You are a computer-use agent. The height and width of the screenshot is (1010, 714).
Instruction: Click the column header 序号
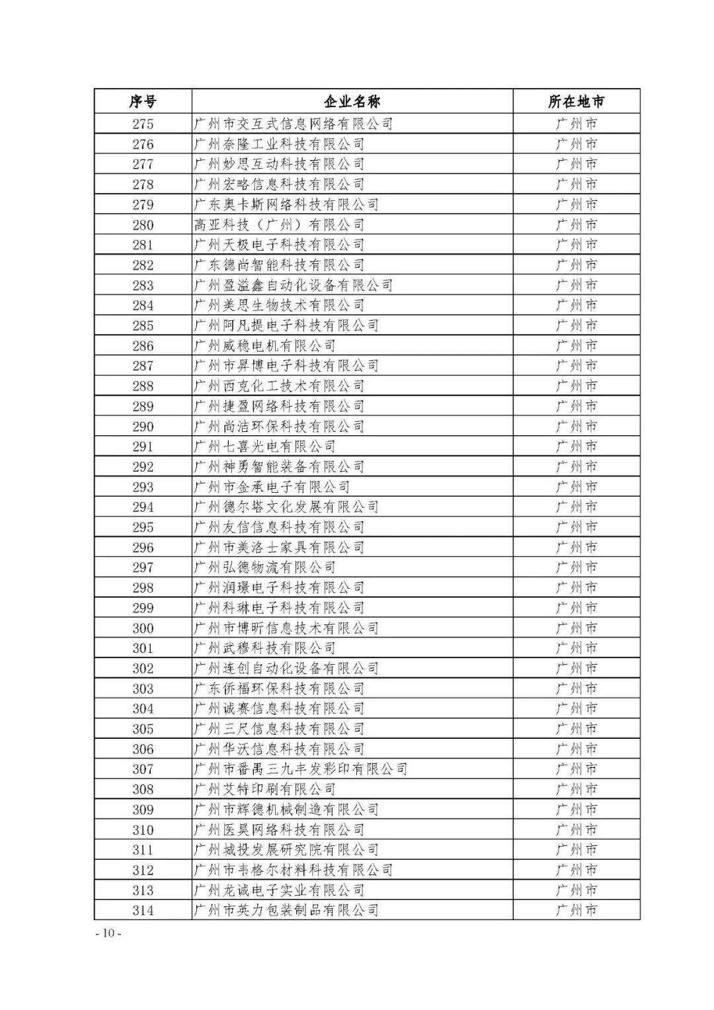coord(143,102)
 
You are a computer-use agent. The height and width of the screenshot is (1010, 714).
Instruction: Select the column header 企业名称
coord(352,102)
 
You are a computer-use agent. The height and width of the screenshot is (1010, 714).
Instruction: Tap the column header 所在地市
coord(576,102)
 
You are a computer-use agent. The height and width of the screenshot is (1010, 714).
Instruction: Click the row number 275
coord(143,124)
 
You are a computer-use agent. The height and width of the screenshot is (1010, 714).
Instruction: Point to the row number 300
coord(143,628)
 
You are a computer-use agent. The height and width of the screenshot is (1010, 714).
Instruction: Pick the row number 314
coord(143,911)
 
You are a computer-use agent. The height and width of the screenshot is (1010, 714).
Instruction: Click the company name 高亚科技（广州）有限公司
coord(279,225)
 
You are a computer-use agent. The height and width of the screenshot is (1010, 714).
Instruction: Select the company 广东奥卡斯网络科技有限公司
coord(286,204)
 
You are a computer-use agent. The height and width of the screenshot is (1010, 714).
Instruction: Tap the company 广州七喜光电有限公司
coord(264,446)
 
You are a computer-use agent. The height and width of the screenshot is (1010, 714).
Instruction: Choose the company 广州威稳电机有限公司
coord(264,346)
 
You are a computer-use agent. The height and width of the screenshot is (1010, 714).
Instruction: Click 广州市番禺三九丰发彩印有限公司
coord(300,769)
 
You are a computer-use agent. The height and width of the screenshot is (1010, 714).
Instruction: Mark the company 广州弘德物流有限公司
coord(264,568)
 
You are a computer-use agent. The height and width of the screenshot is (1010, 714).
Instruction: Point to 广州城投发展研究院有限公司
coord(286,850)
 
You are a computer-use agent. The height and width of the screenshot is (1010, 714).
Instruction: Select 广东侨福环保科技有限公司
coord(279,689)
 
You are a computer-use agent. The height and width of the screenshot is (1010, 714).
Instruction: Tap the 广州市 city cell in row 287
coord(576,366)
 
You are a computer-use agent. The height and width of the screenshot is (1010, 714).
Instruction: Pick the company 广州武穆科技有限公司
coord(264,648)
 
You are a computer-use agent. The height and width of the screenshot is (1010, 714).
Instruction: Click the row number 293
coord(143,487)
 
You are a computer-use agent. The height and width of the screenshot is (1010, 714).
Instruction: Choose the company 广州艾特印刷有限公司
coord(264,790)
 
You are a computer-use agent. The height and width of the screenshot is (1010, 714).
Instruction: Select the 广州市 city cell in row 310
coord(576,830)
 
